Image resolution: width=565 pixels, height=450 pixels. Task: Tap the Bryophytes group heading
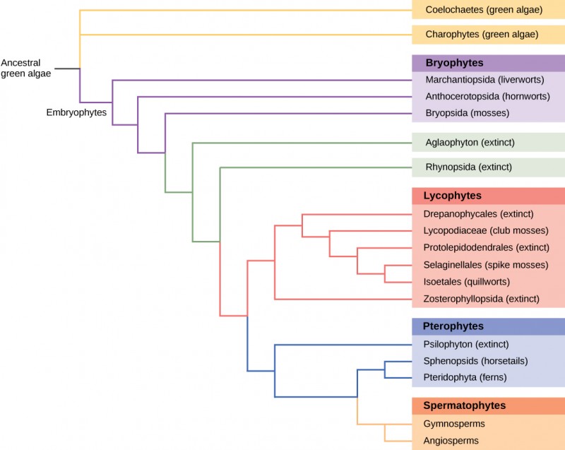coord(454,62)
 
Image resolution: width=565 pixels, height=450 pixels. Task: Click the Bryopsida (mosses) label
coord(466,112)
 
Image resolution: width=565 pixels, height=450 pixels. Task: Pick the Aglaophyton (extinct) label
coord(469,143)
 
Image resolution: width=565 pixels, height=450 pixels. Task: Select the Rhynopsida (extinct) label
coord(468,167)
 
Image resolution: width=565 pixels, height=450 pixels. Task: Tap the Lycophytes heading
coord(452,195)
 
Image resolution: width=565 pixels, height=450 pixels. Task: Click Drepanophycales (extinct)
coord(478,213)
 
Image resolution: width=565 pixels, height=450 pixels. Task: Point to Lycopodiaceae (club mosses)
coord(485,230)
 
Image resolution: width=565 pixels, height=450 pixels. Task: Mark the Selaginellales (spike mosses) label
coord(485,265)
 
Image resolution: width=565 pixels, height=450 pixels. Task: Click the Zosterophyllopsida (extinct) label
coord(481,299)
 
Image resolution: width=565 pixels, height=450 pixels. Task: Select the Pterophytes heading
coord(453,326)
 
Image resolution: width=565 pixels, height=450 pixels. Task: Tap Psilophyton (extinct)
coord(466,345)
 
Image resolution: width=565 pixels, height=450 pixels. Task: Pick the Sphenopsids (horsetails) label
coord(475,361)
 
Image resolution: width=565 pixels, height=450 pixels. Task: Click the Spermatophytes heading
coord(464,405)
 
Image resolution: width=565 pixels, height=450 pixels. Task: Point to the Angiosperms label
coord(451,440)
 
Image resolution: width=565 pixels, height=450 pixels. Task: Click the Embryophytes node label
coord(76,112)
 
